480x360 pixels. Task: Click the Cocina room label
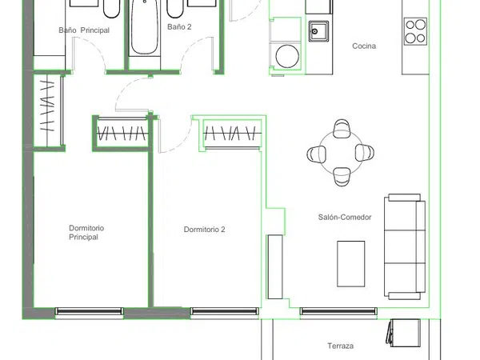coord(364,46)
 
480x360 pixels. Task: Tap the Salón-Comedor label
coord(345,218)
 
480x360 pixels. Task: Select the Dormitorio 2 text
coord(204,230)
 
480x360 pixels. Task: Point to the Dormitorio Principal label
coord(86,232)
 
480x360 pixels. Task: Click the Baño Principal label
coord(84,30)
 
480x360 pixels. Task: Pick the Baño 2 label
coord(179,27)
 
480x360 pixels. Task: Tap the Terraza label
coord(341,346)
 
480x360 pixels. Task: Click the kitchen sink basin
coord(318,31)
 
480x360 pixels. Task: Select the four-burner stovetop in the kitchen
coord(415,31)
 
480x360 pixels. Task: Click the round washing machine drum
coord(287,56)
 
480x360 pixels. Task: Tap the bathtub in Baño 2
coord(145,27)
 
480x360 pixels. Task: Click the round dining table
coord(341,153)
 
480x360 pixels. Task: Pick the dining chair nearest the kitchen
coord(342,128)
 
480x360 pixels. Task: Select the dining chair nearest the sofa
coord(364,153)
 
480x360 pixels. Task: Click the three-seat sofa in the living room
coord(405,246)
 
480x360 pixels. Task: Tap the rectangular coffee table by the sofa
coord(351,264)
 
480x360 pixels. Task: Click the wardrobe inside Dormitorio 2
coord(232,134)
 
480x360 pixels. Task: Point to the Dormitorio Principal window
coord(89,311)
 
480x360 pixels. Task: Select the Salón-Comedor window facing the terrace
coord(338,311)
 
